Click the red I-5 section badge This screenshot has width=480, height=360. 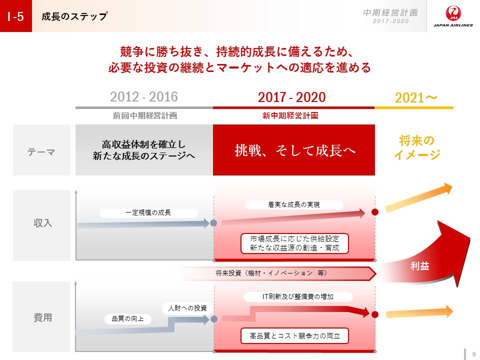click(16, 16)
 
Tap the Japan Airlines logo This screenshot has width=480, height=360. click(453, 16)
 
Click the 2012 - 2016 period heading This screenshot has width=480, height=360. click(144, 97)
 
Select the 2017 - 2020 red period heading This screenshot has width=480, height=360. click(291, 97)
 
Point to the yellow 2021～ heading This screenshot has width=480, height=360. click(416, 98)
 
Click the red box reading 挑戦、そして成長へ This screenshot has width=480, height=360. click(294, 150)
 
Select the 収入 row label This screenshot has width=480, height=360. click(42, 223)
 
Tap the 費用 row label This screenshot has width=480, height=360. click(42, 317)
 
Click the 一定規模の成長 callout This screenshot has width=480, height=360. click(148, 213)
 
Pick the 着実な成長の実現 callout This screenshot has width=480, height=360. click(294, 205)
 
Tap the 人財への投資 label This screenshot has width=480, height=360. click(187, 308)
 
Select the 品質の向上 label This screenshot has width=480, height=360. click(127, 319)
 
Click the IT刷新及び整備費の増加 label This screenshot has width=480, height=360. click(298, 296)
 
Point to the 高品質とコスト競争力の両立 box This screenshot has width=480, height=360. click(295, 336)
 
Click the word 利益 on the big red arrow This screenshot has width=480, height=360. click(419, 266)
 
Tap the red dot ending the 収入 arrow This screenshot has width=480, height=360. click(374, 212)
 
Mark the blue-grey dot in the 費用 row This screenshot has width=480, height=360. click(214, 319)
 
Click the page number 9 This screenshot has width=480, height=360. click(474, 354)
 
